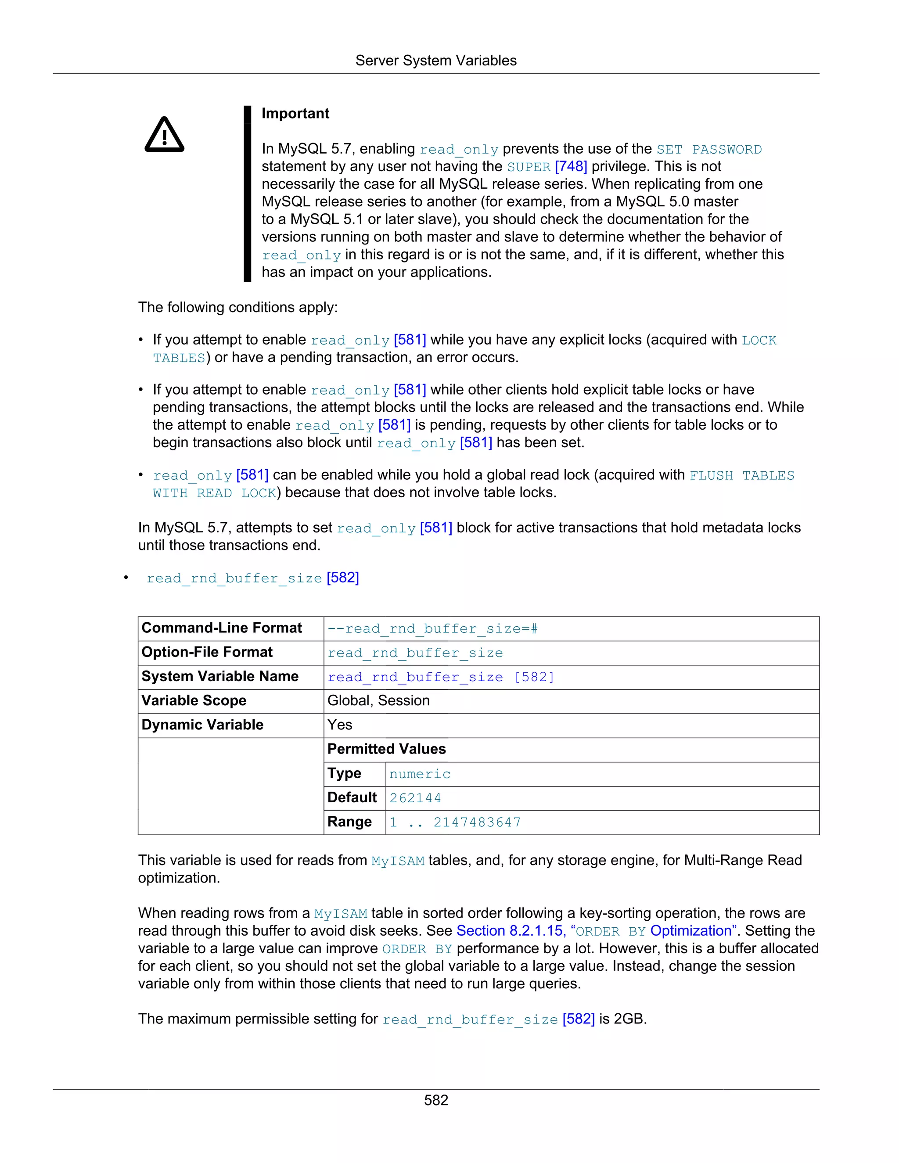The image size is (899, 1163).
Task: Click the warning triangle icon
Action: click(x=165, y=135)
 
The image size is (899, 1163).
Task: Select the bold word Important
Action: click(x=295, y=113)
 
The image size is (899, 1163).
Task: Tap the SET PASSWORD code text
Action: click(x=709, y=150)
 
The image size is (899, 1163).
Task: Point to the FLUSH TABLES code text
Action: click(x=741, y=476)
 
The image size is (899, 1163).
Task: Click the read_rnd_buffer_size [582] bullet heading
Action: click(x=252, y=578)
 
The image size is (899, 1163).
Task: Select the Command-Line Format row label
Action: click(x=222, y=628)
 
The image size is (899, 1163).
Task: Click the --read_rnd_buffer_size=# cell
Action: click(x=432, y=629)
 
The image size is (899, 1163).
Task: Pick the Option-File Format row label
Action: click(x=207, y=652)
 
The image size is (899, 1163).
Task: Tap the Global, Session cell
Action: click(x=378, y=701)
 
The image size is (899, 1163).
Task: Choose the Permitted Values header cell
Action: click(x=387, y=749)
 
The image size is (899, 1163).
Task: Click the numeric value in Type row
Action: click(x=420, y=774)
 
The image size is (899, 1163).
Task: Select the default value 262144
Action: click(x=415, y=798)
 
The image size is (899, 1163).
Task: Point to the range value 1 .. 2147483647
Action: click(x=455, y=823)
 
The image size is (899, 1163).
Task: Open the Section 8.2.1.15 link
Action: click(x=510, y=931)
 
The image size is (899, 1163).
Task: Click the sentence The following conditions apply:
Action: click(x=237, y=308)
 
